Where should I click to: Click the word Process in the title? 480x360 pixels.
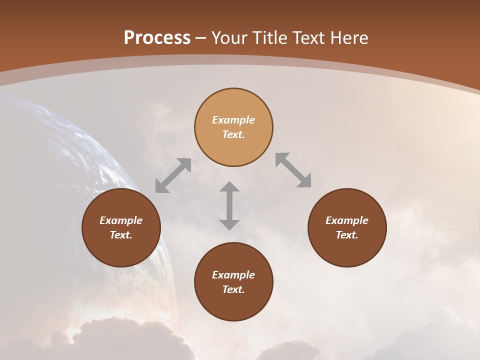tap(157, 38)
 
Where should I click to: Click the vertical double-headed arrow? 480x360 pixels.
tap(229, 206)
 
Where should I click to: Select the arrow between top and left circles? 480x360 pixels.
tap(173, 175)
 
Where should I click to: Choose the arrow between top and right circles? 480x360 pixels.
tap(293, 170)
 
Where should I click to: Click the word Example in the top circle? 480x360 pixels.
tap(233, 120)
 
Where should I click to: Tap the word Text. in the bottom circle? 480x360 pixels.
tap(233, 289)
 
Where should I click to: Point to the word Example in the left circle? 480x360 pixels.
tap(121, 220)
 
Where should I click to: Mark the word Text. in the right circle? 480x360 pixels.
tap(347, 235)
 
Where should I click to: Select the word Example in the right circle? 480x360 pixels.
tap(347, 220)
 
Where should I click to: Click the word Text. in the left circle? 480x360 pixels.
tap(121, 235)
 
